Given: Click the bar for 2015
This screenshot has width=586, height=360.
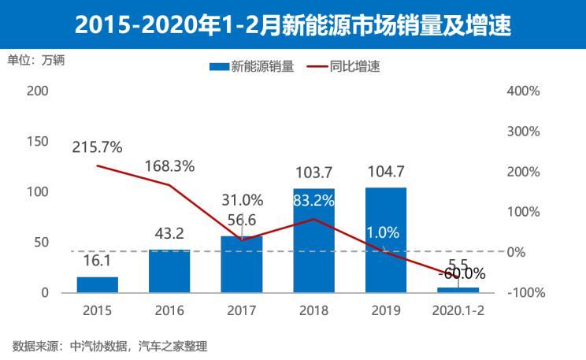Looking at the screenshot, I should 98,284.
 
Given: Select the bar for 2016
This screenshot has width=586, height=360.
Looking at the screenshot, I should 169,271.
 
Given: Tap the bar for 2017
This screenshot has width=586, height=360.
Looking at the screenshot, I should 241,265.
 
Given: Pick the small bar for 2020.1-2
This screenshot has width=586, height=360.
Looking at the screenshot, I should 458,290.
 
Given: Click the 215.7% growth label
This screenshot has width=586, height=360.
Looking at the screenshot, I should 97,147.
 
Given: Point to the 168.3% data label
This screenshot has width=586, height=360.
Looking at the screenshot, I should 169,166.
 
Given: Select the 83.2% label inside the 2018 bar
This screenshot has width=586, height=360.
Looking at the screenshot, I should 313,201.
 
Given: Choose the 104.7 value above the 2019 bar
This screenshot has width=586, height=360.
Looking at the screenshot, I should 385,171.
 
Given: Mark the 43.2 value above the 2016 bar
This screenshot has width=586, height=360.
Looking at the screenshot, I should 169,233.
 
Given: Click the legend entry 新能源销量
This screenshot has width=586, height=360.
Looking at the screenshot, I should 251,67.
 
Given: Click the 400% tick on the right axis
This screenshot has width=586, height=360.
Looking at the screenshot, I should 523,91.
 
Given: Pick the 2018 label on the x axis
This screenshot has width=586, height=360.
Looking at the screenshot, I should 313,310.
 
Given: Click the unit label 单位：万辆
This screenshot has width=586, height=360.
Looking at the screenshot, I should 36,60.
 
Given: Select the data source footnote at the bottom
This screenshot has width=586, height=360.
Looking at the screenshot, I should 109,345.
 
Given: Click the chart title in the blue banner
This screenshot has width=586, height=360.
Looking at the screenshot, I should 293,25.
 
